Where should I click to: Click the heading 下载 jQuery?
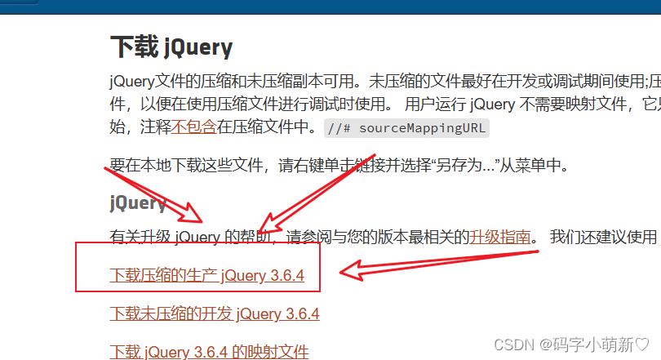click(171, 47)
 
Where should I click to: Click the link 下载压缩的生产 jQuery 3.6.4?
click(206, 275)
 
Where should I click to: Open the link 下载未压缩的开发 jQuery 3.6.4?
click(214, 313)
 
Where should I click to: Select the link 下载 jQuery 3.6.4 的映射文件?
click(209, 352)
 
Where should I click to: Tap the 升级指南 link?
click(499, 238)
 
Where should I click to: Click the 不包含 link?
click(193, 127)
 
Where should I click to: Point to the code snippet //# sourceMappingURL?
click(406, 127)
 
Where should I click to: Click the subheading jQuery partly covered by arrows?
click(138, 202)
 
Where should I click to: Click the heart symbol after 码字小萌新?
click(644, 344)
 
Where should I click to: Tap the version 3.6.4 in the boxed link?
click(286, 276)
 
